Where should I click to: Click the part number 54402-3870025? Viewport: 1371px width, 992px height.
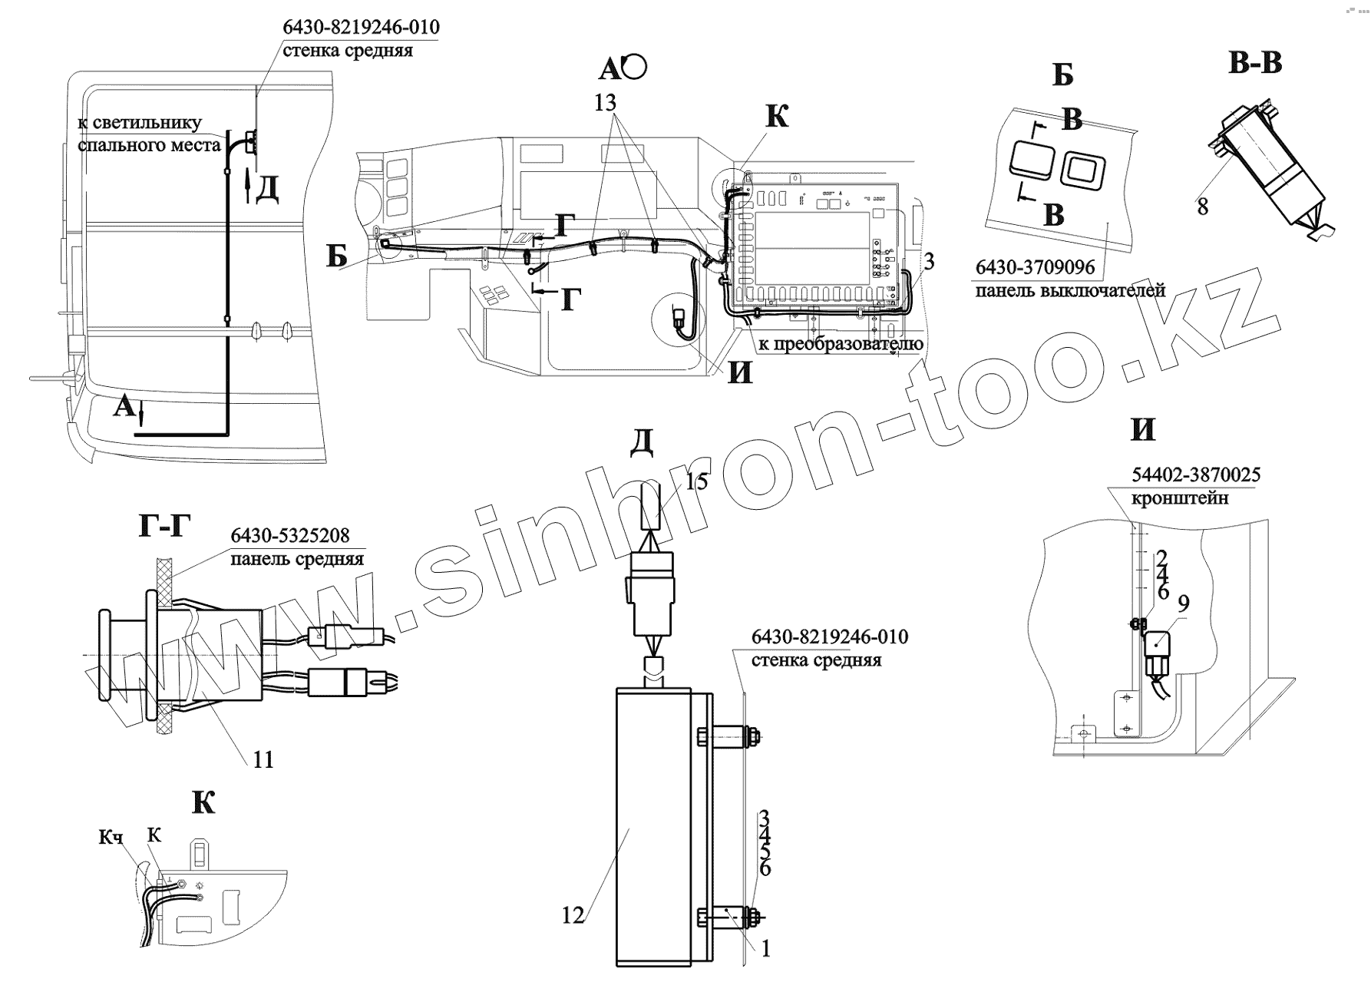click(1195, 475)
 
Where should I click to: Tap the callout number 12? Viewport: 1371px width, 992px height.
click(573, 915)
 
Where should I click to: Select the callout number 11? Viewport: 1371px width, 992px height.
click(263, 759)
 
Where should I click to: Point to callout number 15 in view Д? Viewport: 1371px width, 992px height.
click(696, 481)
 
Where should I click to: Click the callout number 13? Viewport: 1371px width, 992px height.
click(605, 103)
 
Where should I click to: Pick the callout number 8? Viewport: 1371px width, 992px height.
click(1202, 206)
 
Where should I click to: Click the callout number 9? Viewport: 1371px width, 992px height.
click(1183, 603)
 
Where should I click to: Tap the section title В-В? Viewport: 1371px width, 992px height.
click(1255, 63)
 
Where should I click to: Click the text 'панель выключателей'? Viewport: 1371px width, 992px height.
click(1071, 291)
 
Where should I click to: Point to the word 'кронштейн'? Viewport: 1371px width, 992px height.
click(1180, 498)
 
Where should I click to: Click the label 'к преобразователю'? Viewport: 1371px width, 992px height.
click(841, 344)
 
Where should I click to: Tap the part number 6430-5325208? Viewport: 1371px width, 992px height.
click(290, 535)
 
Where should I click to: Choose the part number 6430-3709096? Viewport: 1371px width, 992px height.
click(1035, 268)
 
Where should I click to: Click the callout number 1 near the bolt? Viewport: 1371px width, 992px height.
click(765, 949)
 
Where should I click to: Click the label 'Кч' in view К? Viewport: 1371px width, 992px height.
click(111, 838)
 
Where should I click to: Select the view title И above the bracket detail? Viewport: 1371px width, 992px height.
click(1143, 429)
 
